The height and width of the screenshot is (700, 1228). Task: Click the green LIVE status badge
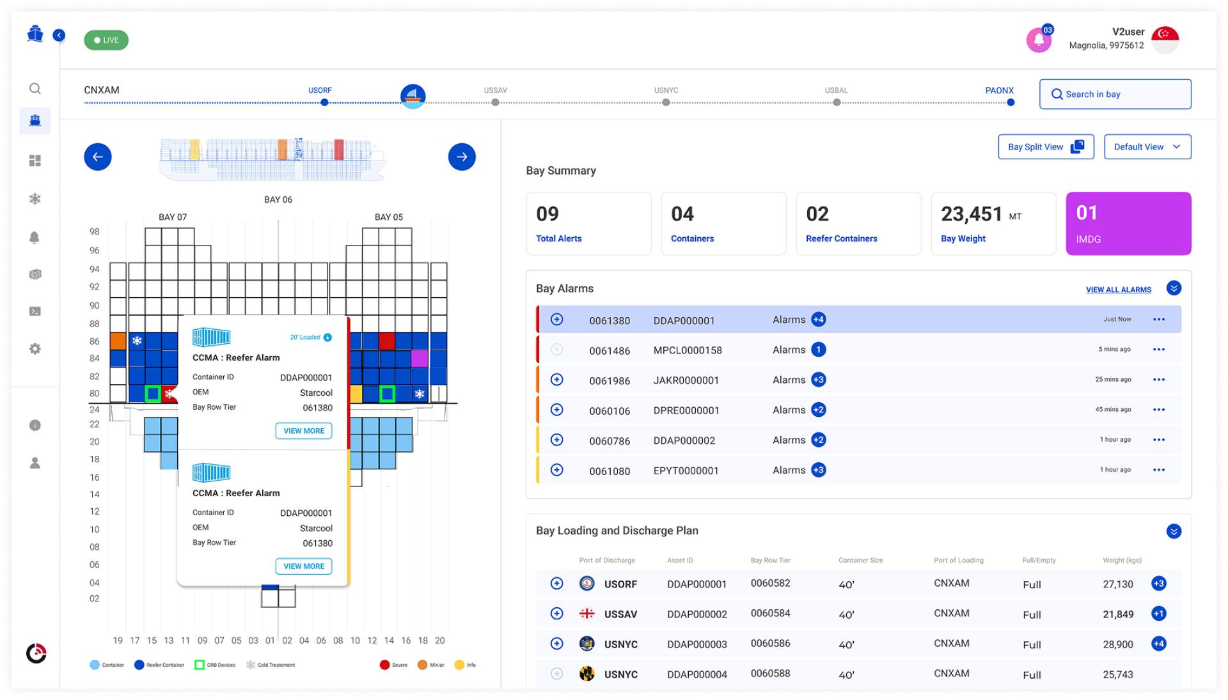click(x=106, y=40)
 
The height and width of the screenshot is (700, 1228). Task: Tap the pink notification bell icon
click(x=1039, y=40)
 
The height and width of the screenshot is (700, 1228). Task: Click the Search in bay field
click(x=1115, y=94)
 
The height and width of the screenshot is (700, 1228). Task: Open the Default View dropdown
click(x=1147, y=147)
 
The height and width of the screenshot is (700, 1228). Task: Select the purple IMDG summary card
click(x=1128, y=224)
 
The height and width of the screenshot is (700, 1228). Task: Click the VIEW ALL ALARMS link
click(x=1118, y=290)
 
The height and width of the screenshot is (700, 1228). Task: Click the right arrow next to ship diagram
click(x=462, y=157)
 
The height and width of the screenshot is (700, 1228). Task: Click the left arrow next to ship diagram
click(x=98, y=157)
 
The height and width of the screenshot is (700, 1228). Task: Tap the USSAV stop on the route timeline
click(x=495, y=102)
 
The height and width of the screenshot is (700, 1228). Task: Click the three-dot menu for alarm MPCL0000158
click(x=1158, y=350)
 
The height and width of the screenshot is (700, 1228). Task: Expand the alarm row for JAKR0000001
click(x=557, y=380)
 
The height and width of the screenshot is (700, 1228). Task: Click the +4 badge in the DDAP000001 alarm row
click(x=818, y=320)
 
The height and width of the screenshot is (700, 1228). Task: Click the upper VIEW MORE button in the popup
click(x=304, y=431)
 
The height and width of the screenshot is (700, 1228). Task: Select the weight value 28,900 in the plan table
click(x=1118, y=644)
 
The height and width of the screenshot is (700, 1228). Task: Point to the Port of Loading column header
click(x=958, y=561)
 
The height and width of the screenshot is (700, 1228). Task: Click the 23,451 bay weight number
click(x=972, y=214)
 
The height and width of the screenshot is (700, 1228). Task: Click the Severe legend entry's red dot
click(x=384, y=665)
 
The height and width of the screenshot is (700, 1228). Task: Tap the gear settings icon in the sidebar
click(x=35, y=349)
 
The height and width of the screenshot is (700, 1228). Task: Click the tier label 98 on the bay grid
click(x=95, y=231)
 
